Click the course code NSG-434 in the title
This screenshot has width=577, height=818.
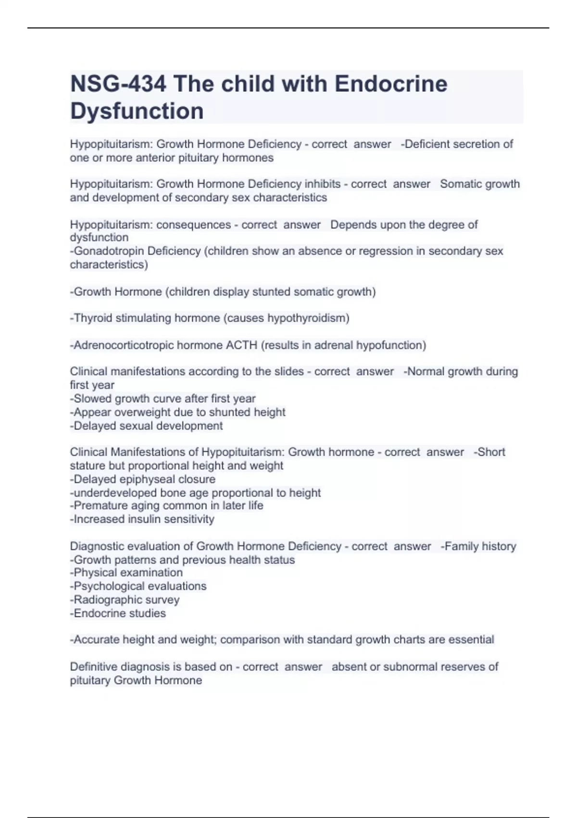(118, 84)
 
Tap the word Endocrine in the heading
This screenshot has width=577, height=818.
(391, 84)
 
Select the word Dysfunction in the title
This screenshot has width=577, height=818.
(137, 111)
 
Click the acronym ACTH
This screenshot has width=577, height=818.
(241, 345)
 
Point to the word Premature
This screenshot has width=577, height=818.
(96, 506)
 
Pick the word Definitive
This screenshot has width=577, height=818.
(93, 667)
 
